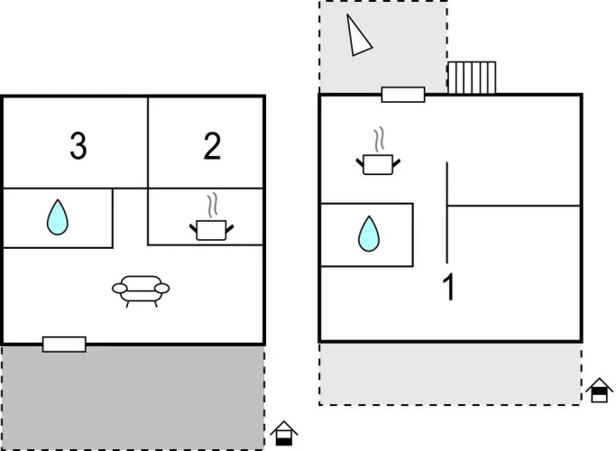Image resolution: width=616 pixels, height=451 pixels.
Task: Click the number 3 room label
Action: pos(78,146)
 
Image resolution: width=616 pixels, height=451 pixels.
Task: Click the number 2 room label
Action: pos(212,146)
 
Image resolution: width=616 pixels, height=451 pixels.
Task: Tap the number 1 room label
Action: pos(448,287)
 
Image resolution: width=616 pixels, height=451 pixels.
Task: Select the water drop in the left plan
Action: pos(58,217)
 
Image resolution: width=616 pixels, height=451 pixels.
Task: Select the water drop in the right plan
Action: pos(369,234)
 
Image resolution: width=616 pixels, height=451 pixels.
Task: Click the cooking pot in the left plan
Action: pos(211,230)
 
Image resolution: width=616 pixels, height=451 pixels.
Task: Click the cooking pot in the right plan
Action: pos(378,164)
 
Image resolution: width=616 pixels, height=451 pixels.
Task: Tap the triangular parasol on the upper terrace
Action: pos(357,35)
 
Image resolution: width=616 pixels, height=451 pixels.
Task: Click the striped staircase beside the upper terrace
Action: pos(472,78)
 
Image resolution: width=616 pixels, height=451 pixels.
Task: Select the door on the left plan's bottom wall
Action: pos(64,345)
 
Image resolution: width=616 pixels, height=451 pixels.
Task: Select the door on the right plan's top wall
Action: pos(403,95)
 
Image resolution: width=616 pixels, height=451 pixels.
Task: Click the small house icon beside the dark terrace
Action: pos(284,433)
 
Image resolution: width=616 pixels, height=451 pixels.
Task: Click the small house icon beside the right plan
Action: pos(599,390)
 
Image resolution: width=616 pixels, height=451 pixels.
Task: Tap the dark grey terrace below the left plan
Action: pos(133,398)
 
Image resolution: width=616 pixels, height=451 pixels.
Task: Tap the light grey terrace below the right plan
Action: pos(450,373)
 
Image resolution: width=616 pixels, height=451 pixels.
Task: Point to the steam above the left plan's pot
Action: pos(212,205)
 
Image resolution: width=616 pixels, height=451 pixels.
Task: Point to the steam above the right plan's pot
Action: pos(379,140)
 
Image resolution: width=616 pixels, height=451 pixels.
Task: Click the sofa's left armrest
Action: pos(119,289)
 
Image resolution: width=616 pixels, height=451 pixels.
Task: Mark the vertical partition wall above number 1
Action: pos(446,212)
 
